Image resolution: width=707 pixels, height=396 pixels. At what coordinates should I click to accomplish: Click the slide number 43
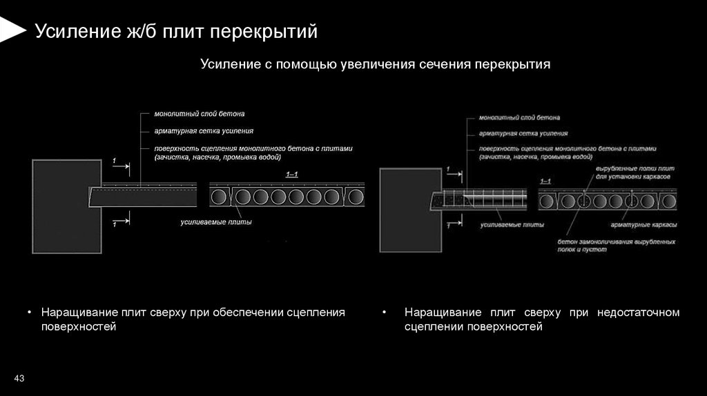click(19, 378)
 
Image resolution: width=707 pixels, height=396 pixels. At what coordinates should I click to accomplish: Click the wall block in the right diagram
click(408, 209)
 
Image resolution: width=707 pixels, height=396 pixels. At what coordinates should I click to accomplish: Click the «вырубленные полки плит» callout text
click(635, 168)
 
